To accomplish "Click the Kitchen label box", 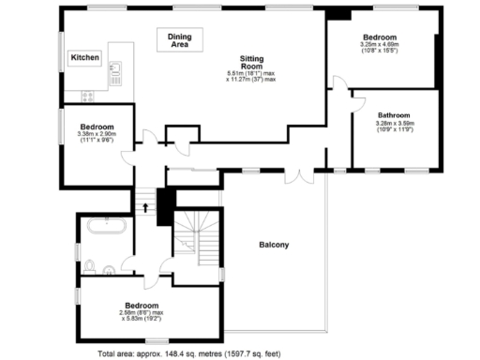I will (84, 58).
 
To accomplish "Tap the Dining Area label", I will (179, 39).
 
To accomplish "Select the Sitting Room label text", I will (250, 61).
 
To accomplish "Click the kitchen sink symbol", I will (117, 70).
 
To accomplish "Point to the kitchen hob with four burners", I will (89, 94).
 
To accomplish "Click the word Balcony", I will (274, 246).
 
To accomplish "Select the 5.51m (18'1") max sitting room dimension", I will (250, 73).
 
